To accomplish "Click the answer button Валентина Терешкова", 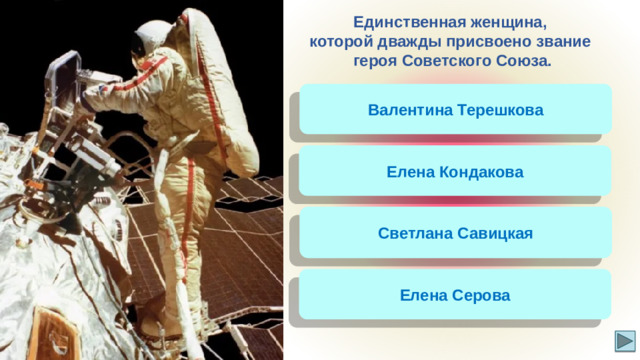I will [455, 109].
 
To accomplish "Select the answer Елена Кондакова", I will [455, 172].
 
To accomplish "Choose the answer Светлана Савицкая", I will [455, 234].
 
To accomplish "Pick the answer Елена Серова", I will [455, 296].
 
